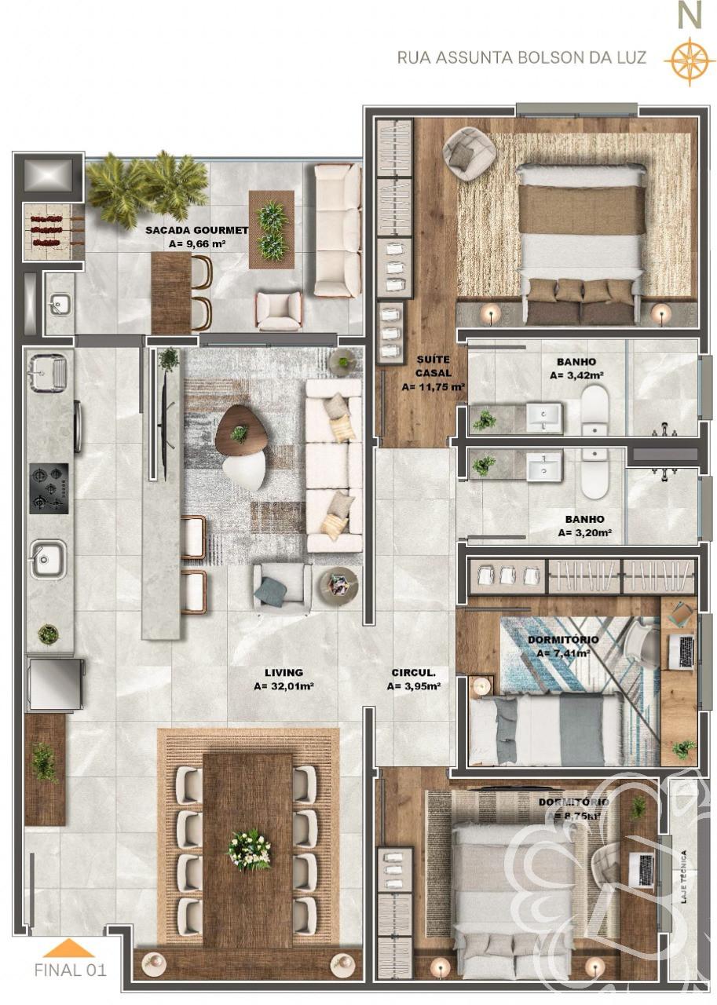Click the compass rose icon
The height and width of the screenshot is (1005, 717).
[x=688, y=60]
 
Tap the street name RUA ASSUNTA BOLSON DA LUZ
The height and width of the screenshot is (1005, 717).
[x=521, y=58]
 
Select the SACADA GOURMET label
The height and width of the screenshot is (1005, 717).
[x=196, y=230]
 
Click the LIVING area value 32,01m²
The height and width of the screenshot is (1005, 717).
[x=284, y=685]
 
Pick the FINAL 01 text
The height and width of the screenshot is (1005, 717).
[x=70, y=970]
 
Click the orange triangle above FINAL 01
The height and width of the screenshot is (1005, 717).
[x=69, y=948]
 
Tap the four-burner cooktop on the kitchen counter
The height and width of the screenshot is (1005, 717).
[x=49, y=488]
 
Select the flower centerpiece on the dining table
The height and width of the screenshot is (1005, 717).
[x=249, y=849]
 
